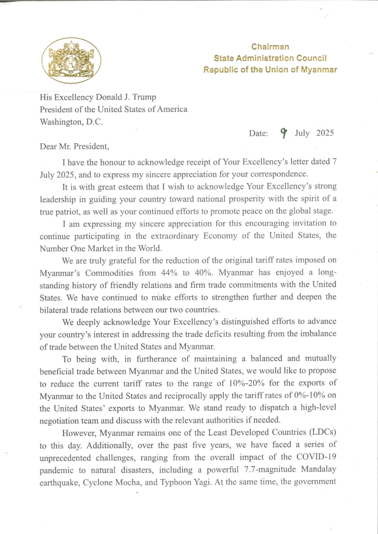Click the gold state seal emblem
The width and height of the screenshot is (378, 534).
pos(71,61)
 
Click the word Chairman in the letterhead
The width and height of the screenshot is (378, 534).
pos(270,47)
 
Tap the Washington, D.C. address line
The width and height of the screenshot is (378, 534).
pos(71,122)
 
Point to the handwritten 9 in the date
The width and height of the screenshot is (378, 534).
pos(284,133)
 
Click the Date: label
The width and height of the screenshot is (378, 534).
pos(259,133)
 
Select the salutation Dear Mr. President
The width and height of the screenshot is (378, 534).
pos(74,146)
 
